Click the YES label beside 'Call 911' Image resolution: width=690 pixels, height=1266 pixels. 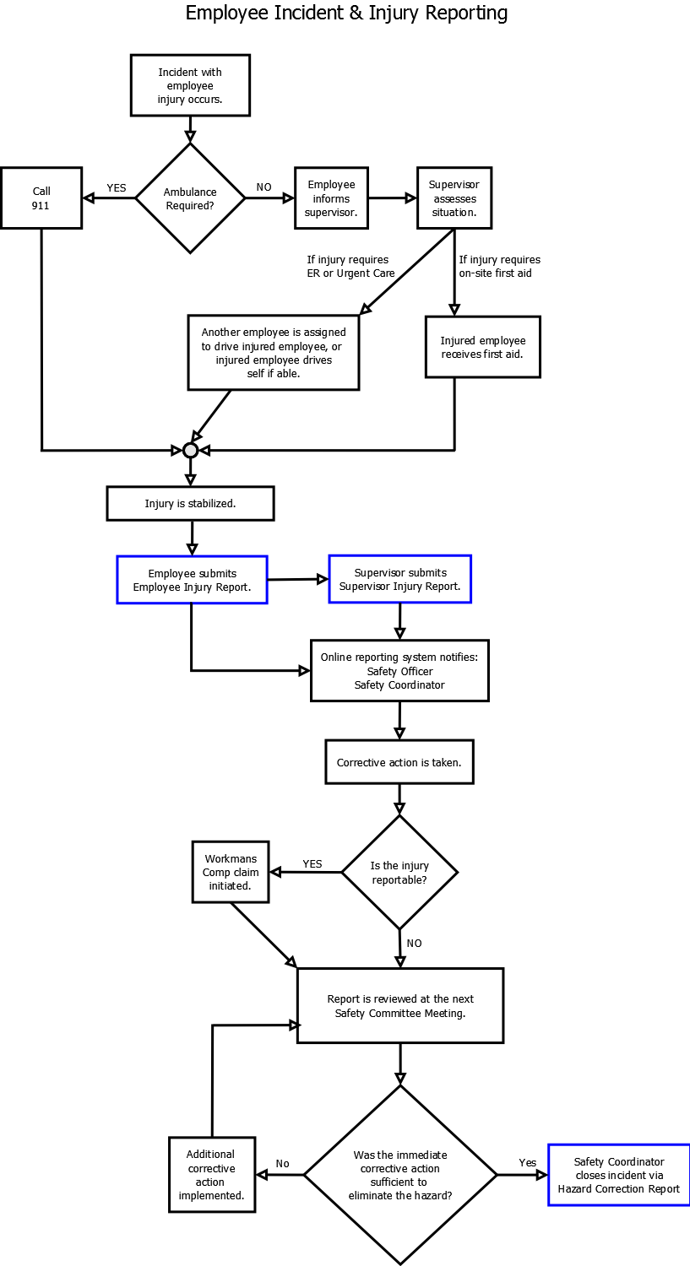coord(117,187)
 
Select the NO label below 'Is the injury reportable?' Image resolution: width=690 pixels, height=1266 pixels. coord(414,944)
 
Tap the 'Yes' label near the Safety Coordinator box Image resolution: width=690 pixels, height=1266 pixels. coord(528,1162)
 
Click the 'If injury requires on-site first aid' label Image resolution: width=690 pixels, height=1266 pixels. coord(499,266)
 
